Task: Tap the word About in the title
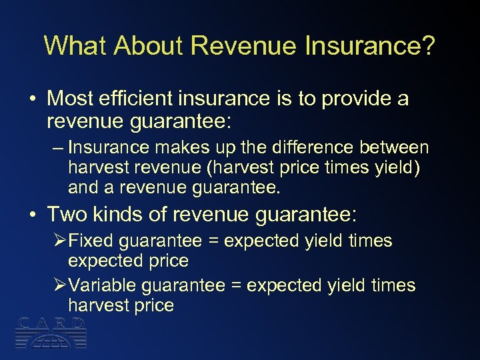click(x=148, y=45)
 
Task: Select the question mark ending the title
click(x=427, y=45)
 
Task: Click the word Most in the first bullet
click(x=69, y=99)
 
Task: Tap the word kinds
click(x=119, y=215)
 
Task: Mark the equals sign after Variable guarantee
click(x=237, y=286)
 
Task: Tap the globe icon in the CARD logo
click(x=51, y=340)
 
